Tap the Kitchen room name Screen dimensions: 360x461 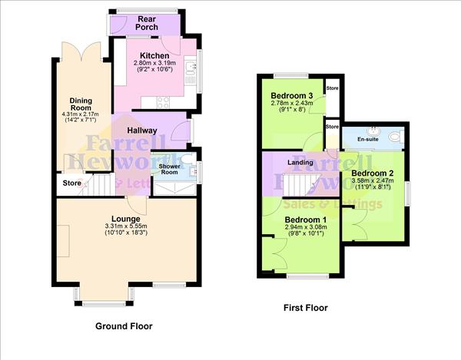(154, 55)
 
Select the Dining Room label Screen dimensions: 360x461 (81, 105)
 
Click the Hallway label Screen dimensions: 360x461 (143, 131)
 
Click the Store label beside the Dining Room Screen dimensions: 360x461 (71, 183)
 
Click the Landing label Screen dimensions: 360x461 (300, 162)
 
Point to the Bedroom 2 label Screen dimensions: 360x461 (373, 173)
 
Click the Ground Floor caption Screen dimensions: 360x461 (124, 326)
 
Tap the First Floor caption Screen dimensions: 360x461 (306, 308)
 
